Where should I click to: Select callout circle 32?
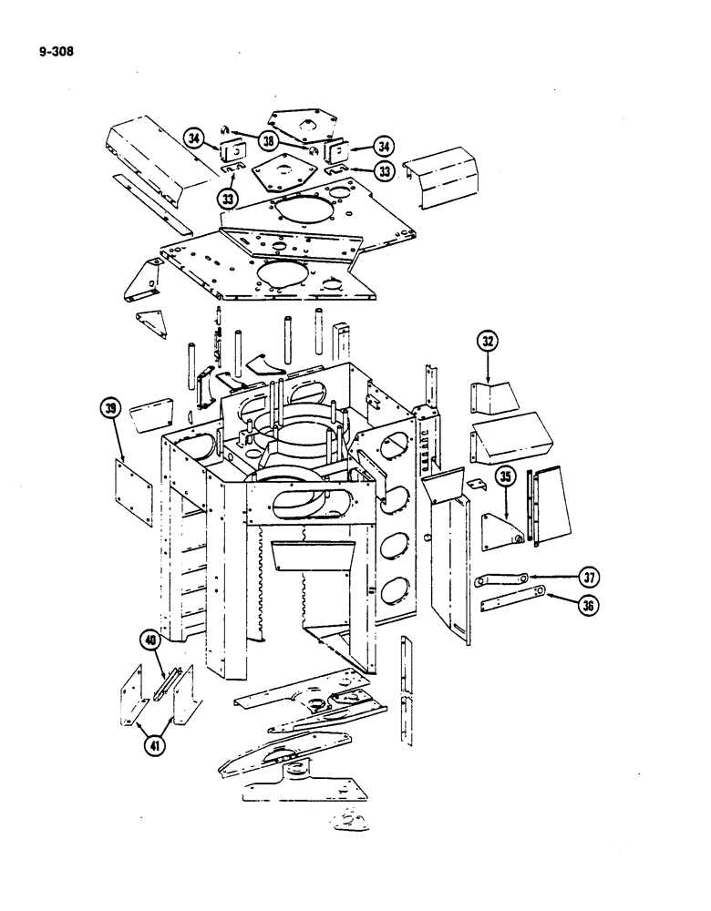point(489,343)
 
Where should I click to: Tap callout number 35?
point(506,477)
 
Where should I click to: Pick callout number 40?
point(149,643)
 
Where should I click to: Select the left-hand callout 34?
point(193,138)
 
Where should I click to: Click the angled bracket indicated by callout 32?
point(492,396)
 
